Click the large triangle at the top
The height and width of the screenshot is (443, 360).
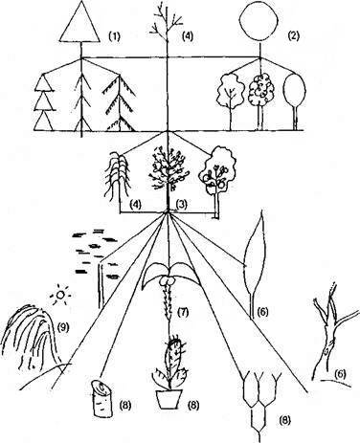79,24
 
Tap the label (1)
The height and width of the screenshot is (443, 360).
114,36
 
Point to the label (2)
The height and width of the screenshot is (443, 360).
293,35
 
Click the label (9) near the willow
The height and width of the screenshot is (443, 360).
63,327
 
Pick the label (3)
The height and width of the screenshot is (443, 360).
181,204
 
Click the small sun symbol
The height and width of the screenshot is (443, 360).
60,296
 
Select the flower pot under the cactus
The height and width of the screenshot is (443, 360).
169,399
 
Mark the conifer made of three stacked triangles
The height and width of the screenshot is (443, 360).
43,102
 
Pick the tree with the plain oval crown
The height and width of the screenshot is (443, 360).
295,96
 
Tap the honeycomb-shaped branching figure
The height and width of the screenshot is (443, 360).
259,399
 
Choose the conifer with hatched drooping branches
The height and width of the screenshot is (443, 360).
120,103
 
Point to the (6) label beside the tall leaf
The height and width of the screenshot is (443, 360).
262,311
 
